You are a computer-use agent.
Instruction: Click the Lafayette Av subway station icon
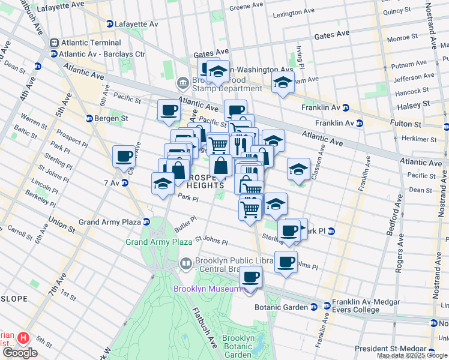coord(110,24)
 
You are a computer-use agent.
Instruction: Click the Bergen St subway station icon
coord(89,118)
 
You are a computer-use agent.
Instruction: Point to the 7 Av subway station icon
coord(125,182)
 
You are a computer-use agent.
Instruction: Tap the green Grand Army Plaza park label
coord(158,242)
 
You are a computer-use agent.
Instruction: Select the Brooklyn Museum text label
coord(208,289)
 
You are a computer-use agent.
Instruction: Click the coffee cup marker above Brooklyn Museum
coord(250,277)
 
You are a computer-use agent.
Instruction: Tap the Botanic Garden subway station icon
coord(313,307)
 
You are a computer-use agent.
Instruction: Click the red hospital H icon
coord(23,338)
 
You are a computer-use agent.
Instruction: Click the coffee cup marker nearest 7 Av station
coord(124,156)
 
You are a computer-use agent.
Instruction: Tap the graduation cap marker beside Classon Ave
coord(298,169)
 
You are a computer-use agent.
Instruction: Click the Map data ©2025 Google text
coord(412,356)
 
